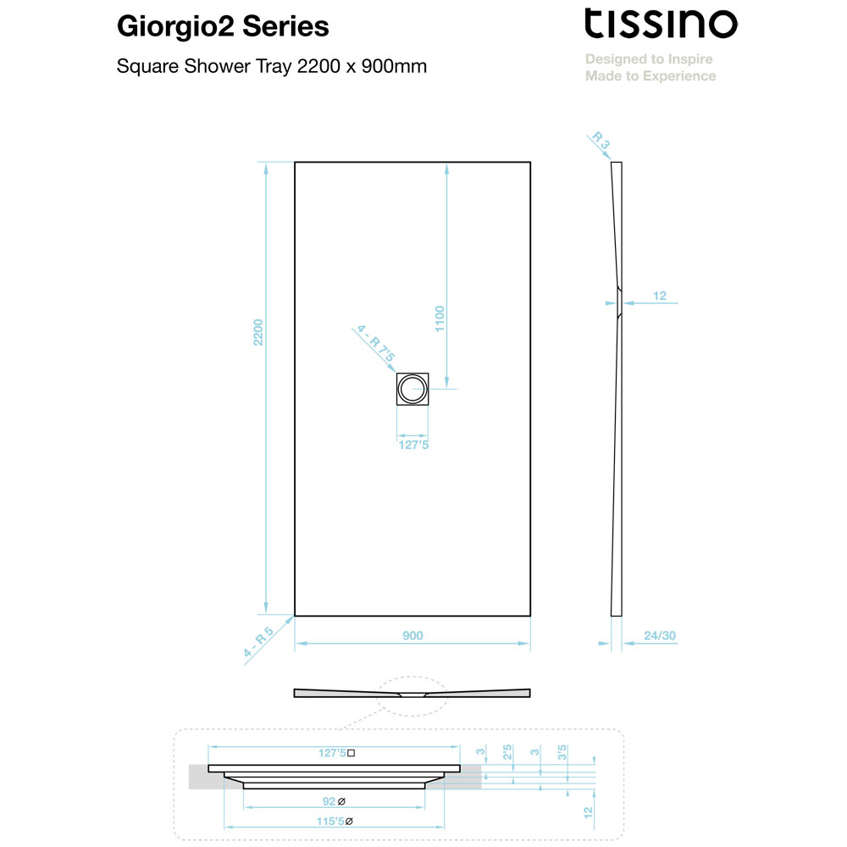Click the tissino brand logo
661,24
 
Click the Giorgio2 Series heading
223,26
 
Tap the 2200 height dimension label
258,332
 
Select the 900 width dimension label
412,635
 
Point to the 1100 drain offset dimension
440,318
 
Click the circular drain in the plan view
412,389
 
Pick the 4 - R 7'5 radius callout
375,344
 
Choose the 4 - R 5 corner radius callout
258,642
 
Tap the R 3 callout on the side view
601,140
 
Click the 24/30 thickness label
660,635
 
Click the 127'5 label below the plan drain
413,445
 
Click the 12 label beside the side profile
660,296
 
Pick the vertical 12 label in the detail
589,812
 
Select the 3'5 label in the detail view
562,752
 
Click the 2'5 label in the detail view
507,752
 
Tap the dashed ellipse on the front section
412,677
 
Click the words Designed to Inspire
649,59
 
